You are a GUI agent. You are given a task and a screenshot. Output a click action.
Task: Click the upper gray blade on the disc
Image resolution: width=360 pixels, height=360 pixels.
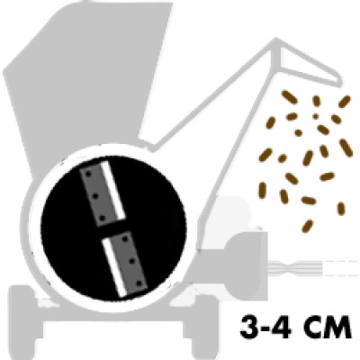pos(97,195)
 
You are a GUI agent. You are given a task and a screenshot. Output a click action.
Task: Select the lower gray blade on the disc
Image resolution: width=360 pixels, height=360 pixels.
pos(130,263)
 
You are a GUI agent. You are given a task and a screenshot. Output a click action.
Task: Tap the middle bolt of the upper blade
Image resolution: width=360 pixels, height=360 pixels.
pos(95,196)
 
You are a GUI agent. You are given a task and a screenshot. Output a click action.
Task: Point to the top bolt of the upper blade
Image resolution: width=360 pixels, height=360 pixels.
pos(88,174)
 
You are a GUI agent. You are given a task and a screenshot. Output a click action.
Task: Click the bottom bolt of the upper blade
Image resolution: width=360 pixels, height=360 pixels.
pos(102,219)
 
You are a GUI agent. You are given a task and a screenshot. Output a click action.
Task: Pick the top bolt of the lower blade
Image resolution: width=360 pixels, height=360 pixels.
pos(125,239)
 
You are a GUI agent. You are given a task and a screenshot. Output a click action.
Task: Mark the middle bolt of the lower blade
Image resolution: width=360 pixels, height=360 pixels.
pos(132,261)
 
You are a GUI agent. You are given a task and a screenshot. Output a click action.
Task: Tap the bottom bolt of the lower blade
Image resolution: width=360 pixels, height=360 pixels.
pos(139,283)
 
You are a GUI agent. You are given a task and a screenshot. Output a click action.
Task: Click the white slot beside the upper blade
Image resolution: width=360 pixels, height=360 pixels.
pos(112,191)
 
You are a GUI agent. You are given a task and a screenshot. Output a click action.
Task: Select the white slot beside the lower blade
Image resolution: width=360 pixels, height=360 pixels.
pos(114,267)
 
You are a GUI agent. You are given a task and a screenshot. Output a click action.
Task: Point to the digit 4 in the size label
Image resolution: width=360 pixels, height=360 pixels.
pos(282,327)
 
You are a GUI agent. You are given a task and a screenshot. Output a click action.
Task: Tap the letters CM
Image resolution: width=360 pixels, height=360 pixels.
pos(325,327)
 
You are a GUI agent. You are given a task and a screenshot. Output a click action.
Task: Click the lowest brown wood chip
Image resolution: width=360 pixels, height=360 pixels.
pos(307,226)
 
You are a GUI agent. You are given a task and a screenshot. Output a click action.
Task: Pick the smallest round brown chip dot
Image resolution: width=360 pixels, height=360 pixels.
pos(315,116)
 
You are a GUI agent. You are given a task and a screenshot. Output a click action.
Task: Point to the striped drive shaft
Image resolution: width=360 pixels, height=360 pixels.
pos(295,266)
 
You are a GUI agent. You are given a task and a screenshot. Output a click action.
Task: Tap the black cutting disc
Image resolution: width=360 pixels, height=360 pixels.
pos(113,229)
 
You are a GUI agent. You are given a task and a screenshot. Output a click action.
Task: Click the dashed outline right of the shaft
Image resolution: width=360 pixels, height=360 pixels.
pos(341,267)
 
